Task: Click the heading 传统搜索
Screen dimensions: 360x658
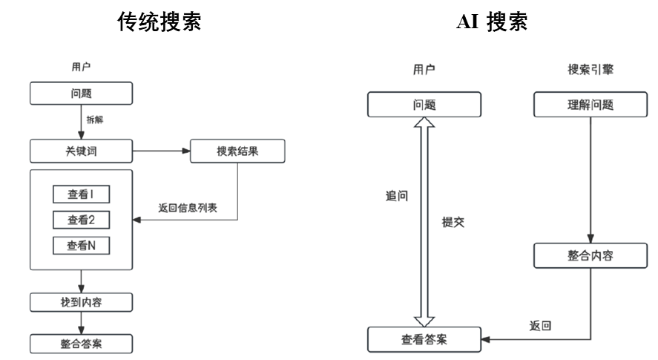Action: pos(159,22)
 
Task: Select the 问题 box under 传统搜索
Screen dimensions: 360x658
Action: pos(82,94)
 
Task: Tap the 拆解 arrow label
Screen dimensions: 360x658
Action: pos(96,119)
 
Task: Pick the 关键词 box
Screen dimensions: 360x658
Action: pos(82,151)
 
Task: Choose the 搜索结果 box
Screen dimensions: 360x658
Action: pos(237,151)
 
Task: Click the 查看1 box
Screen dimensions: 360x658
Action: pos(82,194)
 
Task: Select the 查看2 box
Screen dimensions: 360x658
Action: pos(82,220)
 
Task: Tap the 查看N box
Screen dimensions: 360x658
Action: pos(82,245)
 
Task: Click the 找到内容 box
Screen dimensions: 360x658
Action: pos(82,302)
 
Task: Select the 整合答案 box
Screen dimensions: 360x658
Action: pos(82,344)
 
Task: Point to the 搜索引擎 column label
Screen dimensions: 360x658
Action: pos(590,70)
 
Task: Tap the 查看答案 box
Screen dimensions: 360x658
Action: pos(424,340)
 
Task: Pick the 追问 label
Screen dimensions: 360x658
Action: pos(397,196)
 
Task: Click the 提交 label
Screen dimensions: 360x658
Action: pos(453,221)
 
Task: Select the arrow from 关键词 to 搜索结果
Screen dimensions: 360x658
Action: pos(162,151)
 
